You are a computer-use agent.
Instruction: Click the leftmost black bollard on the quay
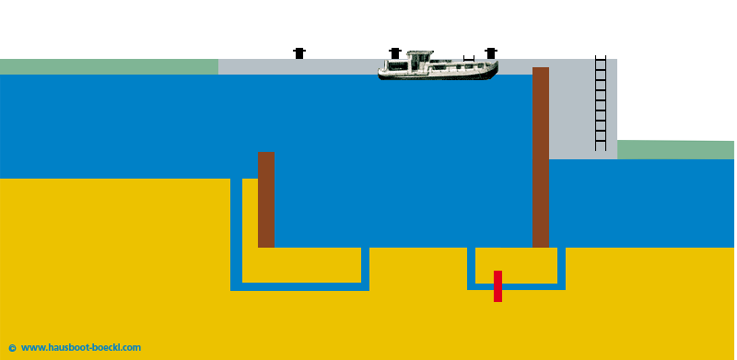pyautogui.click(x=298, y=53)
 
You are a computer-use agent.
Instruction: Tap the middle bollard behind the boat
pyautogui.click(x=395, y=52)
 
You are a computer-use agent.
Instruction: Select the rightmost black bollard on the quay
pyautogui.click(x=490, y=53)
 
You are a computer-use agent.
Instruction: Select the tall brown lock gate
pyautogui.click(x=541, y=157)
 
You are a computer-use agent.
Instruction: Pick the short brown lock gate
pyautogui.click(x=265, y=199)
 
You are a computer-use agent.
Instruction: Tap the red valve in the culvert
pyautogui.click(x=497, y=285)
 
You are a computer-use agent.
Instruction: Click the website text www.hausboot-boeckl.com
pyautogui.click(x=80, y=347)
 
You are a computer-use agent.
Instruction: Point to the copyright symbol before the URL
pyautogui.click(x=12, y=347)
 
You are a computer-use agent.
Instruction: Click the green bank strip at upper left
pyautogui.click(x=109, y=66)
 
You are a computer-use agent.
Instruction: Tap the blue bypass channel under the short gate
pyautogui.click(x=299, y=286)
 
